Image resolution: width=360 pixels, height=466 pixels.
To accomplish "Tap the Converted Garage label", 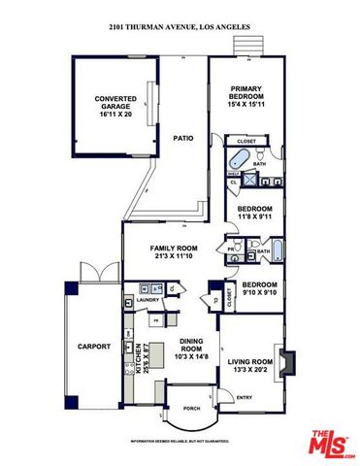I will tap(115, 105).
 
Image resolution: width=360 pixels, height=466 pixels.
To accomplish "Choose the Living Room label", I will tap(250, 365).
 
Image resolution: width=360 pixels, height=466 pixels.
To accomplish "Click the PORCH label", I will tap(191, 408).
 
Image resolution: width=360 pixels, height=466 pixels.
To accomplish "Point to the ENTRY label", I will tap(244, 397).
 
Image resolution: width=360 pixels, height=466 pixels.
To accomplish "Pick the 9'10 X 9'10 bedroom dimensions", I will tap(259, 289).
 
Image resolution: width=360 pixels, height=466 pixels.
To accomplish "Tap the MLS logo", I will tap(333, 442).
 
